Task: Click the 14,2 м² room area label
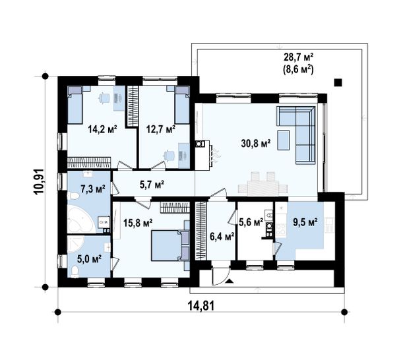[102, 129]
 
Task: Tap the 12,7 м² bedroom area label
[161, 129]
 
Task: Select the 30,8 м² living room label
[256, 143]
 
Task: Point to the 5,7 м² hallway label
[152, 185]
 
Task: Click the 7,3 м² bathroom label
[93, 189]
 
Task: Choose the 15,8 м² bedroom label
[138, 222]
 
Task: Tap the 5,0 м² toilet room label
[89, 258]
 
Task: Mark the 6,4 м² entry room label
[222, 236]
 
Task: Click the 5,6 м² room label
[251, 222]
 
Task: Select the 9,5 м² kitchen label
[305, 222]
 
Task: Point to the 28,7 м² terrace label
[299, 57]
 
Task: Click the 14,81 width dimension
[201, 307]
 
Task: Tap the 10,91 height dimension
[38, 181]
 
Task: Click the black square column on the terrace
[338, 82]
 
